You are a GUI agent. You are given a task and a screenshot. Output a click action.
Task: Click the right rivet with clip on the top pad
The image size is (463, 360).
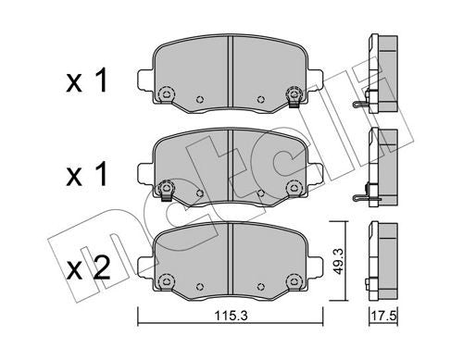294,94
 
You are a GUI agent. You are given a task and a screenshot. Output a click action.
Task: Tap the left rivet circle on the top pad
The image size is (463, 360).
167,93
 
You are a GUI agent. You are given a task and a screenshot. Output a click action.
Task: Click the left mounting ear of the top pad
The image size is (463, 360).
144,79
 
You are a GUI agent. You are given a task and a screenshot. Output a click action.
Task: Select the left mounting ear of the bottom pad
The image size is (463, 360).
144,265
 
